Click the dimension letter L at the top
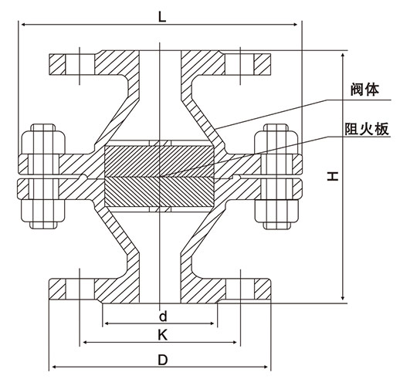point(162,18)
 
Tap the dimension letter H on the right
point(333,176)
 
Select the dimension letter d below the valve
point(163,317)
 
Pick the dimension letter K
point(162,336)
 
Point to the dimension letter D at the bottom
point(163,361)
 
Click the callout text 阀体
point(364,90)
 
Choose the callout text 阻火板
point(367,129)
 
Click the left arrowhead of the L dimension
point(23,25)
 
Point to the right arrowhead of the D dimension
point(266,367)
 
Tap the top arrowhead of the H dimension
point(343,56)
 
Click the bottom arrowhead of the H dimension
point(343,298)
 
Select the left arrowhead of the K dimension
point(86,343)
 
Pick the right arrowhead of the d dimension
point(212,323)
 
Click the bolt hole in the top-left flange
point(80,65)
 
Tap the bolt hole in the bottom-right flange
point(240,289)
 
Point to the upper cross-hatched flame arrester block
point(159,161)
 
